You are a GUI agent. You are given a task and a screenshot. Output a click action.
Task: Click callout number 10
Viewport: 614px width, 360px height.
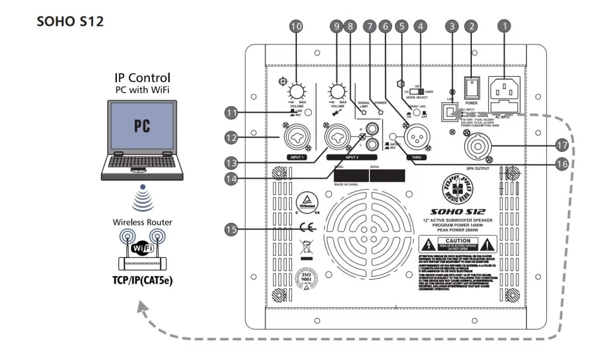click(x=296, y=26)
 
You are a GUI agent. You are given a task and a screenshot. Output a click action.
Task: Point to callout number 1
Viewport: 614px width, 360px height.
click(x=505, y=26)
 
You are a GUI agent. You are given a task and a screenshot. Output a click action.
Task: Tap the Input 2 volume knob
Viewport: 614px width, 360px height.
click(x=337, y=92)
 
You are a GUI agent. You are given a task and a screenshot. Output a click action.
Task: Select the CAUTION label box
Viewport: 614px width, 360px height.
click(x=458, y=244)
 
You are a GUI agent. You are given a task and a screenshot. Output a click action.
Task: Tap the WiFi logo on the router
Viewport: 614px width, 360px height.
click(x=143, y=247)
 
